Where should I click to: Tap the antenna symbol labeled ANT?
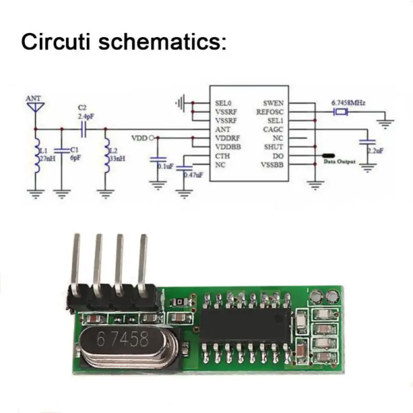point(35,107)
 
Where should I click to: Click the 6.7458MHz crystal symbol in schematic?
point(341,112)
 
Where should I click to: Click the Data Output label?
point(339,162)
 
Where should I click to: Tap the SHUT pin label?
point(273,147)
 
